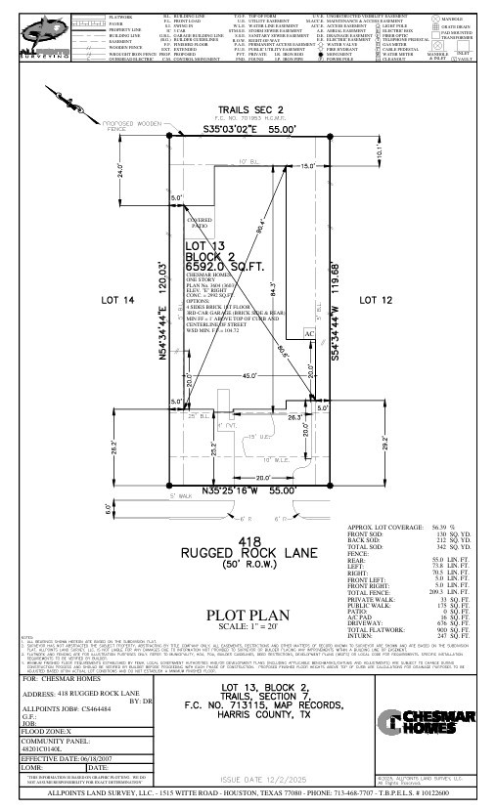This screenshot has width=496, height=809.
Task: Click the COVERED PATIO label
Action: click(x=199, y=224)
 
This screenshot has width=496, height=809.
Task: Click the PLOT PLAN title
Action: click(x=248, y=615)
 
